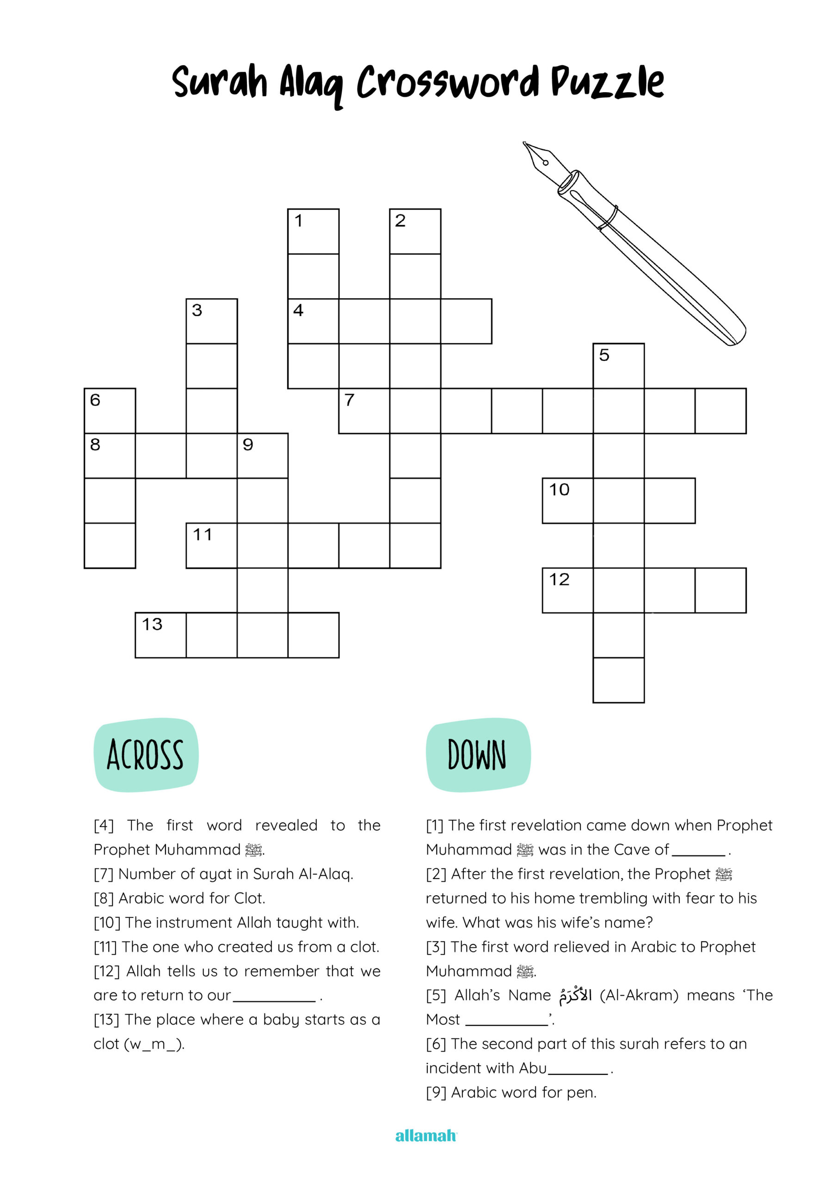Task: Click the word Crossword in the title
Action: point(448,82)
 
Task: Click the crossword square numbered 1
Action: point(313,231)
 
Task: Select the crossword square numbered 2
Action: point(415,231)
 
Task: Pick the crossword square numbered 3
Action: point(211,321)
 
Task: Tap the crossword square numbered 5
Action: point(618,365)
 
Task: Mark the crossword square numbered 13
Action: point(160,635)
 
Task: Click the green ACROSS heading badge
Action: point(146,755)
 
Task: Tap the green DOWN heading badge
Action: point(478,755)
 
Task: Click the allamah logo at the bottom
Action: point(426,1135)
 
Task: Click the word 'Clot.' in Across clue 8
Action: point(250,898)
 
